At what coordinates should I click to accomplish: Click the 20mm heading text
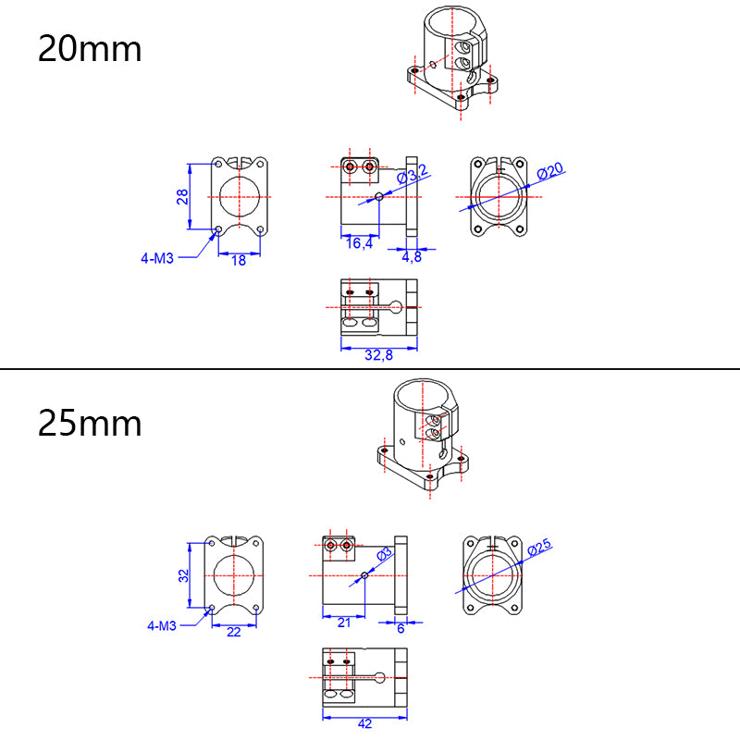coord(90,48)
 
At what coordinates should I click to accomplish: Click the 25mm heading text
coord(90,423)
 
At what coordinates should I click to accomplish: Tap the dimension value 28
coord(183,196)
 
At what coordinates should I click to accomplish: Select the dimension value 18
coord(239,261)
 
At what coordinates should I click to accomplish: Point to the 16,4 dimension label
coord(359,243)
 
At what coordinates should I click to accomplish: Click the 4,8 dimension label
coord(411,257)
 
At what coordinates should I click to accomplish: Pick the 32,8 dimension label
coord(378,355)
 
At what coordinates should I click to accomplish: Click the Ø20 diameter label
coord(551,172)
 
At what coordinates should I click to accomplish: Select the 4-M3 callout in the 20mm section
coord(157,259)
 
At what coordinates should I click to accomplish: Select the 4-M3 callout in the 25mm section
coord(162,626)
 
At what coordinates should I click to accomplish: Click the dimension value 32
coord(183,574)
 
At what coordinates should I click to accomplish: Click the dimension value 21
coord(344,623)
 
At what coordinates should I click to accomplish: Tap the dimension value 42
coord(364,724)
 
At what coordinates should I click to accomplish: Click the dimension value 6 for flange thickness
coord(401,628)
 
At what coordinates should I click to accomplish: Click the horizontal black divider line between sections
coord(370,370)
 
